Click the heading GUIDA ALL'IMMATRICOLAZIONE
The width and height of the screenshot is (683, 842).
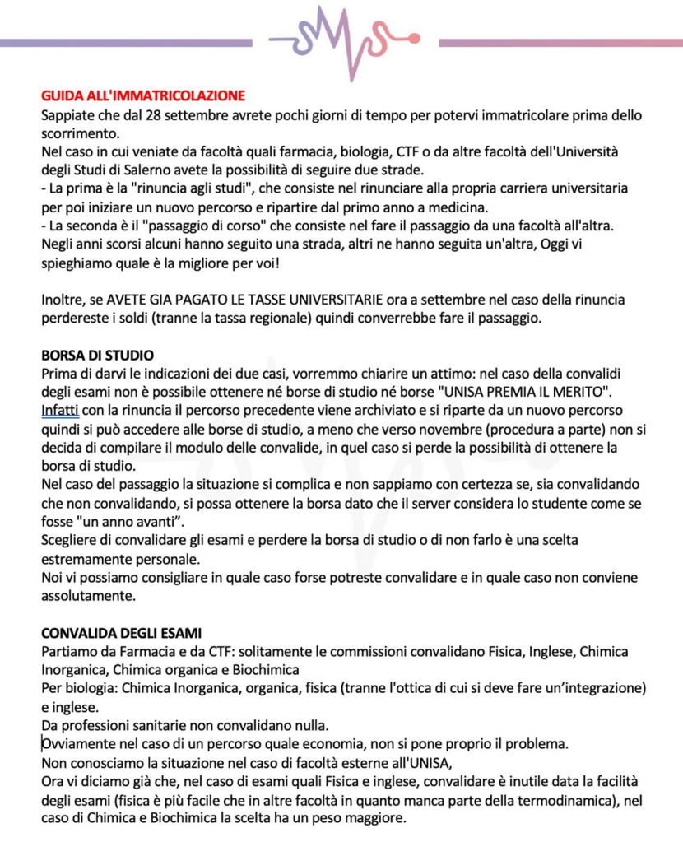click(x=143, y=97)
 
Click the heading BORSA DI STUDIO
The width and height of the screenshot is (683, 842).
click(x=97, y=356)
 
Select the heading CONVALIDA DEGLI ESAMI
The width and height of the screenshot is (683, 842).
click(x=121, y=633)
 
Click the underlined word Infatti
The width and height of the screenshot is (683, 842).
click(x=60, y=410)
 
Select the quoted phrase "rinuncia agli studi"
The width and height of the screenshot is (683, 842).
click(x=187, y=188)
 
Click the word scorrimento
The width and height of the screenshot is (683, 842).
click(x=79, y=133)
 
